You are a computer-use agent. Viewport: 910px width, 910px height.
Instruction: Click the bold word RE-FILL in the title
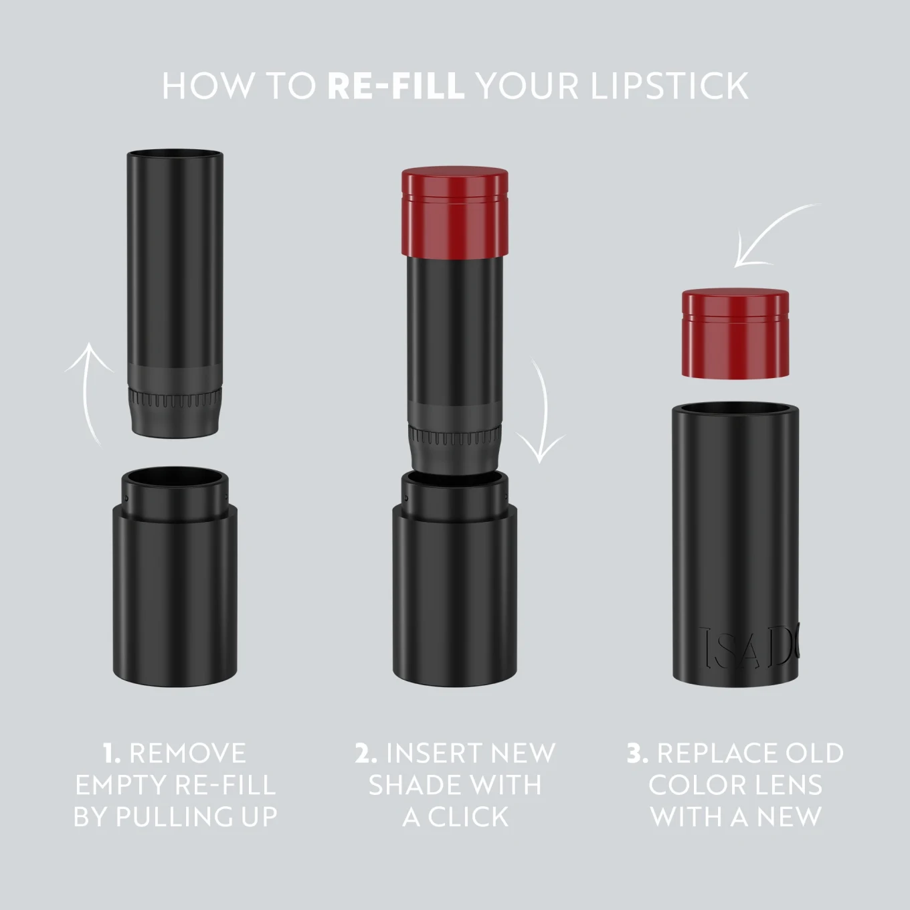click(395, 86)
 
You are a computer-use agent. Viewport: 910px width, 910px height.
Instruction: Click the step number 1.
click(112, 753)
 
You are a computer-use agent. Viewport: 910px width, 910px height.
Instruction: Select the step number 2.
click(366, 753)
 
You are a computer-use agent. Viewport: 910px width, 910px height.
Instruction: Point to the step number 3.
click(638, 753)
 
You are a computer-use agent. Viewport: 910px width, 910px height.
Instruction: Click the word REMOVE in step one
click(187, 753)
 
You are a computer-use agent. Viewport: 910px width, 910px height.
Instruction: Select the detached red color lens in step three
click(735, 333)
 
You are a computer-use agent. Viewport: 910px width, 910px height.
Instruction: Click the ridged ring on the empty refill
click(174, 399)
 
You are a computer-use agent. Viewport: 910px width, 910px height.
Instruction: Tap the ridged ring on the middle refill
click(455, 436)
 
